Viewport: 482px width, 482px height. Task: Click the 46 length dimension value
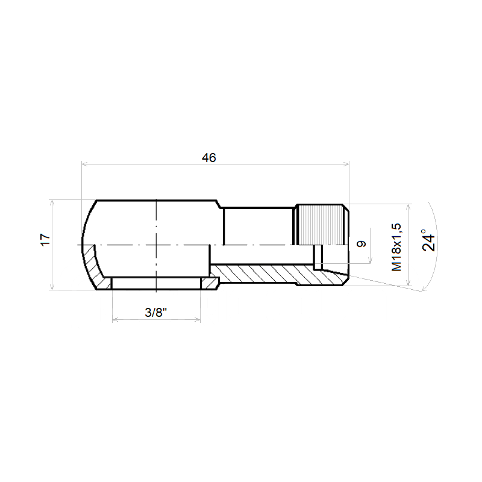click(x=209, y=158)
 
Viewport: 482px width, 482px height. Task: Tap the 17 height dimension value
click(x=46, y=240)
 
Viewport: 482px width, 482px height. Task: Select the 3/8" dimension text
click(x=156, y=313)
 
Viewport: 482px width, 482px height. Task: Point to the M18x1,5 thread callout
click(x=396, y=248)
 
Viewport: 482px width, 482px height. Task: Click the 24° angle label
click(x=429, y=240)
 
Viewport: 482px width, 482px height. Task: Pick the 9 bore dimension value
click(x=361, y=244)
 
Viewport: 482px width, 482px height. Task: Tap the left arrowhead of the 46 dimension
click(x=84, y=164)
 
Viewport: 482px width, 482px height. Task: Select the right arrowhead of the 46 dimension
click(x=346, y=164)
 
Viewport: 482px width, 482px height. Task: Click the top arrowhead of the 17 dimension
click(x=52, y=203)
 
